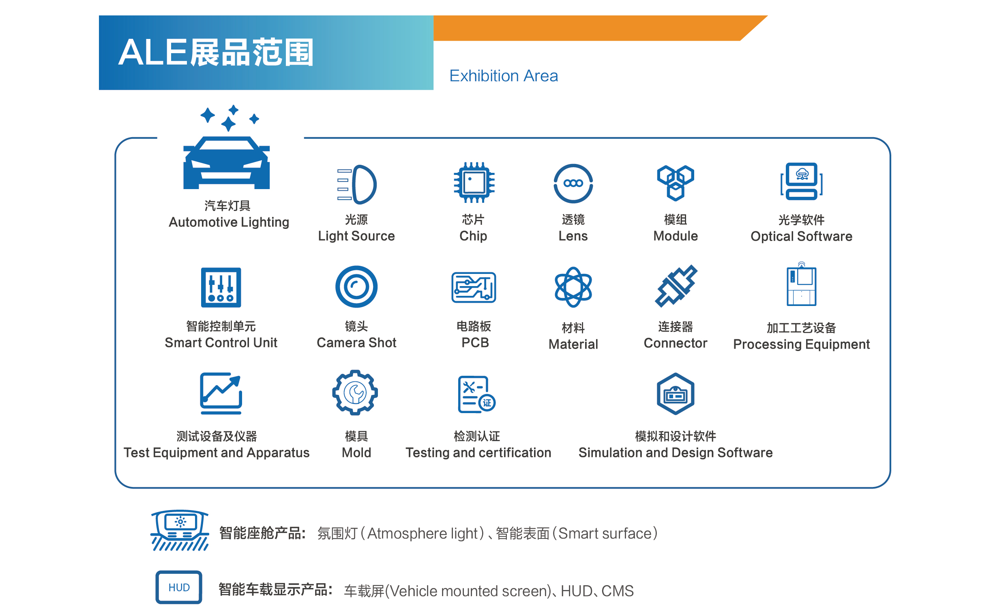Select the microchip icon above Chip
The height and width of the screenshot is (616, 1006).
[474, 183]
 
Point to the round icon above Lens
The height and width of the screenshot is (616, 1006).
[573, 183]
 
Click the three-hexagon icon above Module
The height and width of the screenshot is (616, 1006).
[675, 183]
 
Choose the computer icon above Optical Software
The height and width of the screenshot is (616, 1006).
[802, 181]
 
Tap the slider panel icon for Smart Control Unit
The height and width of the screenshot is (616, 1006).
[221, 288]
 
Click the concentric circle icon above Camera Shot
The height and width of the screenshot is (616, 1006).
[356, 287]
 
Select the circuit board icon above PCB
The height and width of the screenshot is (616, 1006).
[474, 288]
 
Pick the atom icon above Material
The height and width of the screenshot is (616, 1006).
[573, 287]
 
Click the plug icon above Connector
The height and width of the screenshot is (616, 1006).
[676, 286]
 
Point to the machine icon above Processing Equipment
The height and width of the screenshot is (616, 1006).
[802, 285]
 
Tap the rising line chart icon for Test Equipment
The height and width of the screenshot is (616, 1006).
[221, 393]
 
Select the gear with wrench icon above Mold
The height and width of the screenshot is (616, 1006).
[355, 392]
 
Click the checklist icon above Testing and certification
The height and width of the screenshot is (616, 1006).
[476, 394]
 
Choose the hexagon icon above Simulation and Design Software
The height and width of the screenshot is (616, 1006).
[675, 394]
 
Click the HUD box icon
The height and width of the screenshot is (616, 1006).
[179, 588]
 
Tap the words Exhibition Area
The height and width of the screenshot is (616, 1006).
[504, 76]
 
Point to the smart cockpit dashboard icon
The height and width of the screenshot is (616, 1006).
[180, 530]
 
